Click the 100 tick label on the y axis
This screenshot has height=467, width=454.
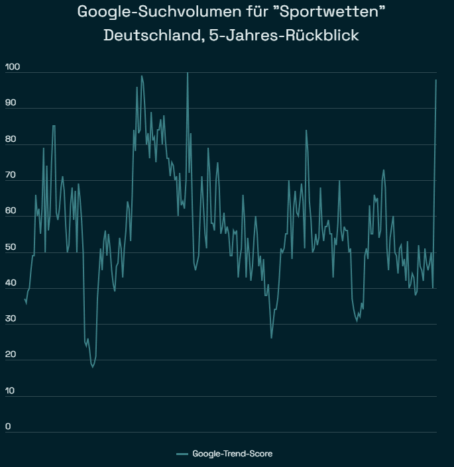13,67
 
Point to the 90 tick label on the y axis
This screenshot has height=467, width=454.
11,103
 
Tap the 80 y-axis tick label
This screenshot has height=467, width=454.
11,139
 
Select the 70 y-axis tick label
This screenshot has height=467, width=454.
11,175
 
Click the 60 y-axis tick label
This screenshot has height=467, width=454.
11,211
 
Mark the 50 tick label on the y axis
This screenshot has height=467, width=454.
11,247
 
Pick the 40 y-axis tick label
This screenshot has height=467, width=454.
11,283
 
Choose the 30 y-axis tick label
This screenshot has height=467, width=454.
11,319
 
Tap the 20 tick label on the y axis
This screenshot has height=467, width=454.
11,354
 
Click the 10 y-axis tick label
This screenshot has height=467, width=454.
11,391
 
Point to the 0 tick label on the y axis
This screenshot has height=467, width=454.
8,427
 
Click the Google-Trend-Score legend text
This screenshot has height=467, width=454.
232,454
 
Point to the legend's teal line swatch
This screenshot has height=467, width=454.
183,454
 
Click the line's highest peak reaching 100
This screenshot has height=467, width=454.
188,73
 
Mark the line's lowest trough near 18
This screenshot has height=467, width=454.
93,367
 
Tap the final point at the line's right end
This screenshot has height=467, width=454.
436,80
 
